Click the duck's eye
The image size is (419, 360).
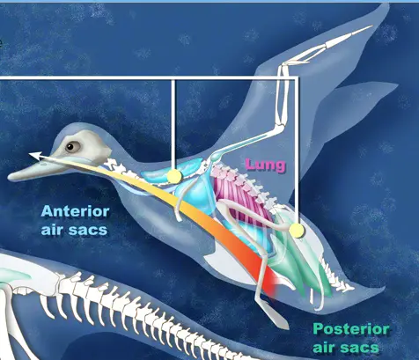pos(72,146)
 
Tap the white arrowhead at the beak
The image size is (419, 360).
pos(34,156)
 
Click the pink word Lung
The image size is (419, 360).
pos(265,165)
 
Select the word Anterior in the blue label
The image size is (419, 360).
pos(76,211)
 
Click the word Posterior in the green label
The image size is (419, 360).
pos(351,329)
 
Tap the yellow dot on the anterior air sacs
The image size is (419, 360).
pos(174,176)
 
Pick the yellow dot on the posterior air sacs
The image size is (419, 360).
pos(297,231)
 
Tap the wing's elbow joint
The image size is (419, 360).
pos(280,125)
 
